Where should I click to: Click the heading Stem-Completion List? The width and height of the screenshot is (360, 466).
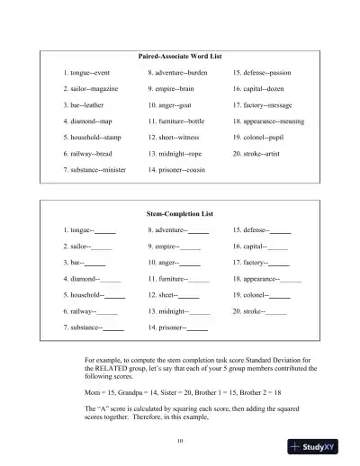click(180, 213)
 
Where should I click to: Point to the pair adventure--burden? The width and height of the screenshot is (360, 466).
click(182, 71)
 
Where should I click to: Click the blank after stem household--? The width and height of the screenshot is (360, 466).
click(114, 296)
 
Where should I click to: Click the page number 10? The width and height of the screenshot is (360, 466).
click(180, 440)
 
